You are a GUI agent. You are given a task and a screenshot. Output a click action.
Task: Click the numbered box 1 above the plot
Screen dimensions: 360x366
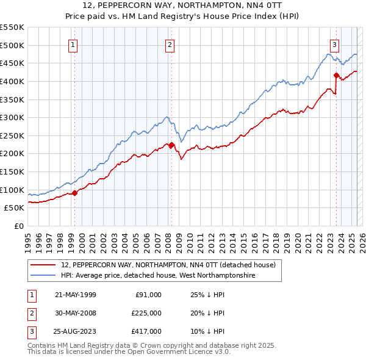coord(73,44)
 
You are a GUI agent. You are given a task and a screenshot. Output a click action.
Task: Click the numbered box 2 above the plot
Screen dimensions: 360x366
coord(170,44)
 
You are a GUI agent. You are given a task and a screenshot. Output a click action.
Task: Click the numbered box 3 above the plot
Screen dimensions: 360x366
coord(335,44)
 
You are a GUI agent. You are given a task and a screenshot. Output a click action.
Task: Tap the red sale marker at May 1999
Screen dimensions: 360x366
coord(74,193)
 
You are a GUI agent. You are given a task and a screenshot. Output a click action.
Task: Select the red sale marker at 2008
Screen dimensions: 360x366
coord(172,145)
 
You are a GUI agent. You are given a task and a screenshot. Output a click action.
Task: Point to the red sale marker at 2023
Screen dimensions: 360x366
coord(336,75)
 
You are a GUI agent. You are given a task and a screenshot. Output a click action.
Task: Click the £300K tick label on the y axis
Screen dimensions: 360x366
coord(13,117)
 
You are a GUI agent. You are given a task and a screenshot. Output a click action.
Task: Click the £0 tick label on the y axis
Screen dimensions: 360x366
coord(20,226)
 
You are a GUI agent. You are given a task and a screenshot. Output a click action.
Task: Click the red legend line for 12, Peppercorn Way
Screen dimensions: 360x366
coord(43,265)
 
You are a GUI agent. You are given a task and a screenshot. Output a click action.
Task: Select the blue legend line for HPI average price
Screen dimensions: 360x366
coord(43,276)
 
